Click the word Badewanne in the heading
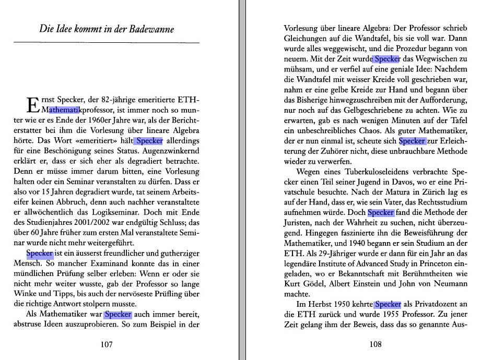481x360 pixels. (x=149, y=29)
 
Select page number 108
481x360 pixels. (x=376, y=344)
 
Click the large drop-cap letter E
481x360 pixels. (x=32, y=104)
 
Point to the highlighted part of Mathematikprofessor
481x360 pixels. (x=64, y=110)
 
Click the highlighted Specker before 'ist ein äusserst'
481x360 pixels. (x=40, y=253)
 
